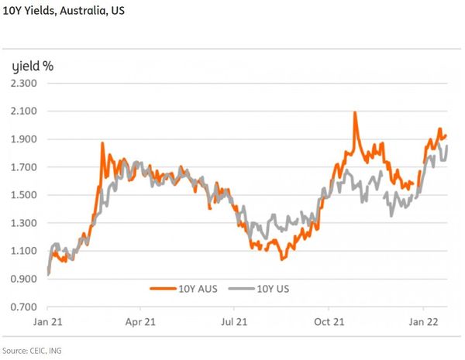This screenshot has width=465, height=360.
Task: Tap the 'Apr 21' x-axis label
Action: [140, 320]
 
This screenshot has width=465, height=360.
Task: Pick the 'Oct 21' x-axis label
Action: [329, 320]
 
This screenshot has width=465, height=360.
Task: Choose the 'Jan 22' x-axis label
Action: [422, 320]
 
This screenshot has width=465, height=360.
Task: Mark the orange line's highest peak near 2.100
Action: [355, 113]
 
